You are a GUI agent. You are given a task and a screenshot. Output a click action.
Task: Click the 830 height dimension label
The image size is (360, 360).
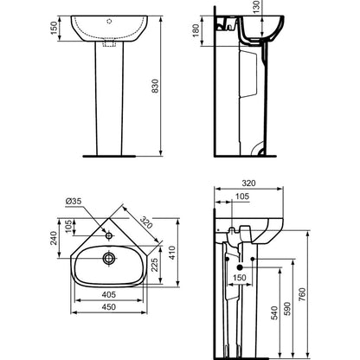click(x=155, y=86)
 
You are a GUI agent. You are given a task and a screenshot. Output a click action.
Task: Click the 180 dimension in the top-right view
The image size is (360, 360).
click(x=196, y=30)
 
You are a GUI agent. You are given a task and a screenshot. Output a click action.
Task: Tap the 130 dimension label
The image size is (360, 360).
click(x=257, y=4)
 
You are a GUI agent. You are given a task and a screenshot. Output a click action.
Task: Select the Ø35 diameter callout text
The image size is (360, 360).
click(x=74, y=202)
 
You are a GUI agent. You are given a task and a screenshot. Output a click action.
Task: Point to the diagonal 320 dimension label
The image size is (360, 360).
click(x=146, y=222)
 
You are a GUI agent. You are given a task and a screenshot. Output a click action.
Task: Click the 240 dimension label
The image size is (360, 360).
click(x=54, y=238)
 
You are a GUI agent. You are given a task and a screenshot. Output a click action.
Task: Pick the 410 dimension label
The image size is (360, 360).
click(x=172, y=253)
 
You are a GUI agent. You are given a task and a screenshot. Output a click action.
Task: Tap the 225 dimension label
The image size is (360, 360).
click(x=155, y=265)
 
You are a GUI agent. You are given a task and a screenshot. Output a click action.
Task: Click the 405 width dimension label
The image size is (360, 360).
click(x=109, y=294)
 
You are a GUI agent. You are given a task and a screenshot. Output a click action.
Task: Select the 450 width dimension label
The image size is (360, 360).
click(x=109, y=306)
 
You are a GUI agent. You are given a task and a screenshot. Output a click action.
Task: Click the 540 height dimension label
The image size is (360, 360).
click(x=274, y=313)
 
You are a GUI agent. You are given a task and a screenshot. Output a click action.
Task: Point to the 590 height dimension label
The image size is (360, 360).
click(x=287, y=309)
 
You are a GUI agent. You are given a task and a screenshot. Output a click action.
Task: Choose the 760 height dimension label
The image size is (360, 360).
click(x=302, y=294)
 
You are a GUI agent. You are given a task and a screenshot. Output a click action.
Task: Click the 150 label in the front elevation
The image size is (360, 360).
click(x=55, y=28)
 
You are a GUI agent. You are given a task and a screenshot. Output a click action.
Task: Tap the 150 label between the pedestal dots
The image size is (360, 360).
click(x=240, y=278)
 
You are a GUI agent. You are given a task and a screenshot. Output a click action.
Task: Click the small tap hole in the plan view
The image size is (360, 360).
click(x=109, y=235)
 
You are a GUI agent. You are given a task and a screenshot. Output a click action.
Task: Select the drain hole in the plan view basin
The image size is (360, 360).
click(x=109, y=258)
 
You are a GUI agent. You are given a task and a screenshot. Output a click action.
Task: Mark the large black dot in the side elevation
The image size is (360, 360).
click(x=240, y=267)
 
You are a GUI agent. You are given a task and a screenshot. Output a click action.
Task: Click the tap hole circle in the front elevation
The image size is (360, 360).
click(x=109, y=21)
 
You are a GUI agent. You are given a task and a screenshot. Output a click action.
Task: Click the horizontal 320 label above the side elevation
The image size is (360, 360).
click(x=248, y=183)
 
